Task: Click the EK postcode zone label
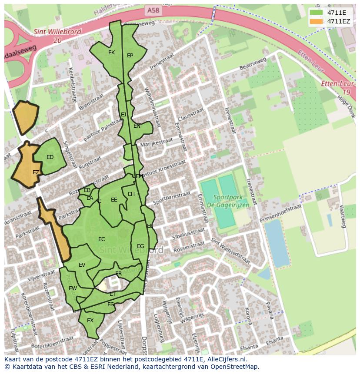point(111,53)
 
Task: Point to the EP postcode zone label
point(130,56)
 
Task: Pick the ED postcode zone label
point(50,157)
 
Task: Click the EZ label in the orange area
point(36,172)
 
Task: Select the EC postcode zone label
point(102,239)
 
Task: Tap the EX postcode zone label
point(90,321)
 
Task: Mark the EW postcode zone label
point(73,288)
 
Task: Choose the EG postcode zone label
point(140,246)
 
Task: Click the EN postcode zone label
point(137,126)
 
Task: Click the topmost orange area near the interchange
point(25,116)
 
